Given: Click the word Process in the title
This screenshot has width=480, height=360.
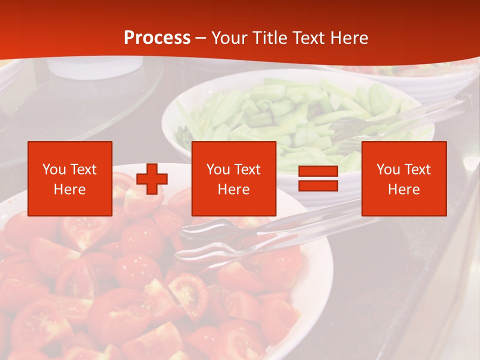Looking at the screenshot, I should [x=157, y=37].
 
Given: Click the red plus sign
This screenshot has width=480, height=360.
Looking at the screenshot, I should [x=152, y=179].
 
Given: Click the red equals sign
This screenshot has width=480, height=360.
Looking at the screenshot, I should [x=318, y=179].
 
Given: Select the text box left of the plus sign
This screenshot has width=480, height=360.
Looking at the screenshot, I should [x=70, y=178].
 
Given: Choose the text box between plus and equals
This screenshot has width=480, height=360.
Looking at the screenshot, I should [x=234, y=178].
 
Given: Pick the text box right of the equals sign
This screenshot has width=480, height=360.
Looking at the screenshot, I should [x=404, y=178].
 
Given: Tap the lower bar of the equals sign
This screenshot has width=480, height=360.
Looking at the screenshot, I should [x=318, y=185].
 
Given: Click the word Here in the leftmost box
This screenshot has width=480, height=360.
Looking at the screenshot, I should [x=69, y=189].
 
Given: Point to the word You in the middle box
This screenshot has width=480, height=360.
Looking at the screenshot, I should [x=218, y=169].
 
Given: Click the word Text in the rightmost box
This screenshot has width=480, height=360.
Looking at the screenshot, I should [x=417, y=169].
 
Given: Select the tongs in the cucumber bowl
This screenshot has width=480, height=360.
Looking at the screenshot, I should [x=400, y=117].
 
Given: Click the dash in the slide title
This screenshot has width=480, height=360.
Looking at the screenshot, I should [x=201, y=38].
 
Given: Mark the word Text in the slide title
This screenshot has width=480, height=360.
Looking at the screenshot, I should [x=306, y=37].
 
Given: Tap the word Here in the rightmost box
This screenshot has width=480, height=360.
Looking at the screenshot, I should [x=403, y=189].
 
